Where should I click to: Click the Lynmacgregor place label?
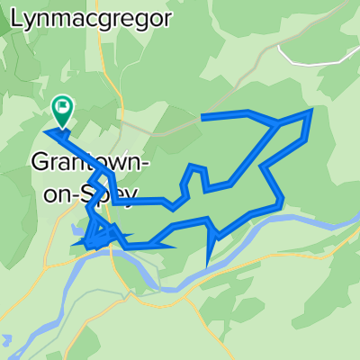click(x=86, y=20)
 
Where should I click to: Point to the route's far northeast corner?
click(x=311, y=111)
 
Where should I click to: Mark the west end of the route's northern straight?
click(x=202, y=117)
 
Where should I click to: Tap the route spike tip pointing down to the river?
click(x=209, y=264)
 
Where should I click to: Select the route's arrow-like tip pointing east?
click(x=175, y=246)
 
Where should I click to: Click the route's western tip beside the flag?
click(x=45, y=131)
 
